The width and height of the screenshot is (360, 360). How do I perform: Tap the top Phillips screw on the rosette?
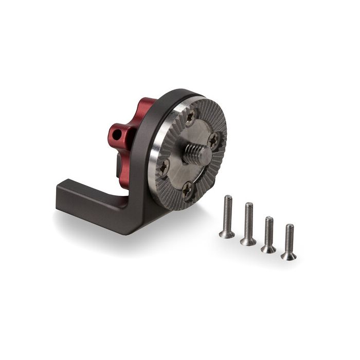click(x=191, y=118)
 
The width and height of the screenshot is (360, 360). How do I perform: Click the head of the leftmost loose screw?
click(x=227, y=233)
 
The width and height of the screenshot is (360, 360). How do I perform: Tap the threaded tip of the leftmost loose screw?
click(x=228, y=198)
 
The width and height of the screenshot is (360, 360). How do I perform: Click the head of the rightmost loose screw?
click(x=289, y=255)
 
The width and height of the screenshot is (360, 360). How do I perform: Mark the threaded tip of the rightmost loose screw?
click(x=290, y=227)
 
